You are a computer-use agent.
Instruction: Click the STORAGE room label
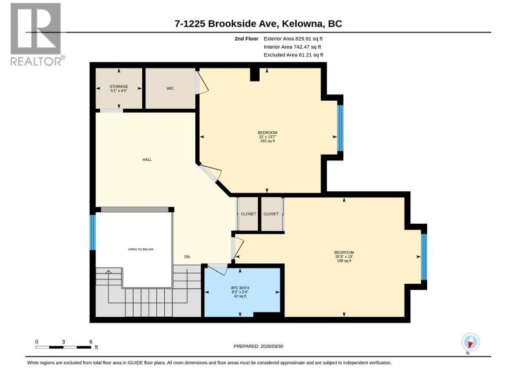tap(119, 87)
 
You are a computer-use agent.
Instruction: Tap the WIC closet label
tap(170, 89)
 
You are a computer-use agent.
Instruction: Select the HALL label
tap(147, 160)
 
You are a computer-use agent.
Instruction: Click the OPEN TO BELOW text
tap(141, 250)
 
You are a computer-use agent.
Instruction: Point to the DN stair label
tap(187, 257)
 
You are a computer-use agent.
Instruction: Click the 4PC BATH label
tap(240, 288)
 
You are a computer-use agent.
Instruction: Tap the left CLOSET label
tap(248, 214)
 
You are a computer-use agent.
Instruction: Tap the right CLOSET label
tap(271, 214)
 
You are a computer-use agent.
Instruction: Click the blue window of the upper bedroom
tap(341, 128)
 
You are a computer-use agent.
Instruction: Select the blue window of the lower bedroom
tap(424, 257)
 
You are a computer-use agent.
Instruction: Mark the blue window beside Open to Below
tap(93, 232)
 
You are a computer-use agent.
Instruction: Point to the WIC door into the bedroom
tap(202, 83)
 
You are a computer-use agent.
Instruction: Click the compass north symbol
tap(470, 342)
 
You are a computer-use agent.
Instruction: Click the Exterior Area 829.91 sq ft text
tap(293, 39)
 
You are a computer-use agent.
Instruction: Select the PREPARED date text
tap(258, 347)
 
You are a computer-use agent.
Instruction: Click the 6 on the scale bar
tap(90, 342)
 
